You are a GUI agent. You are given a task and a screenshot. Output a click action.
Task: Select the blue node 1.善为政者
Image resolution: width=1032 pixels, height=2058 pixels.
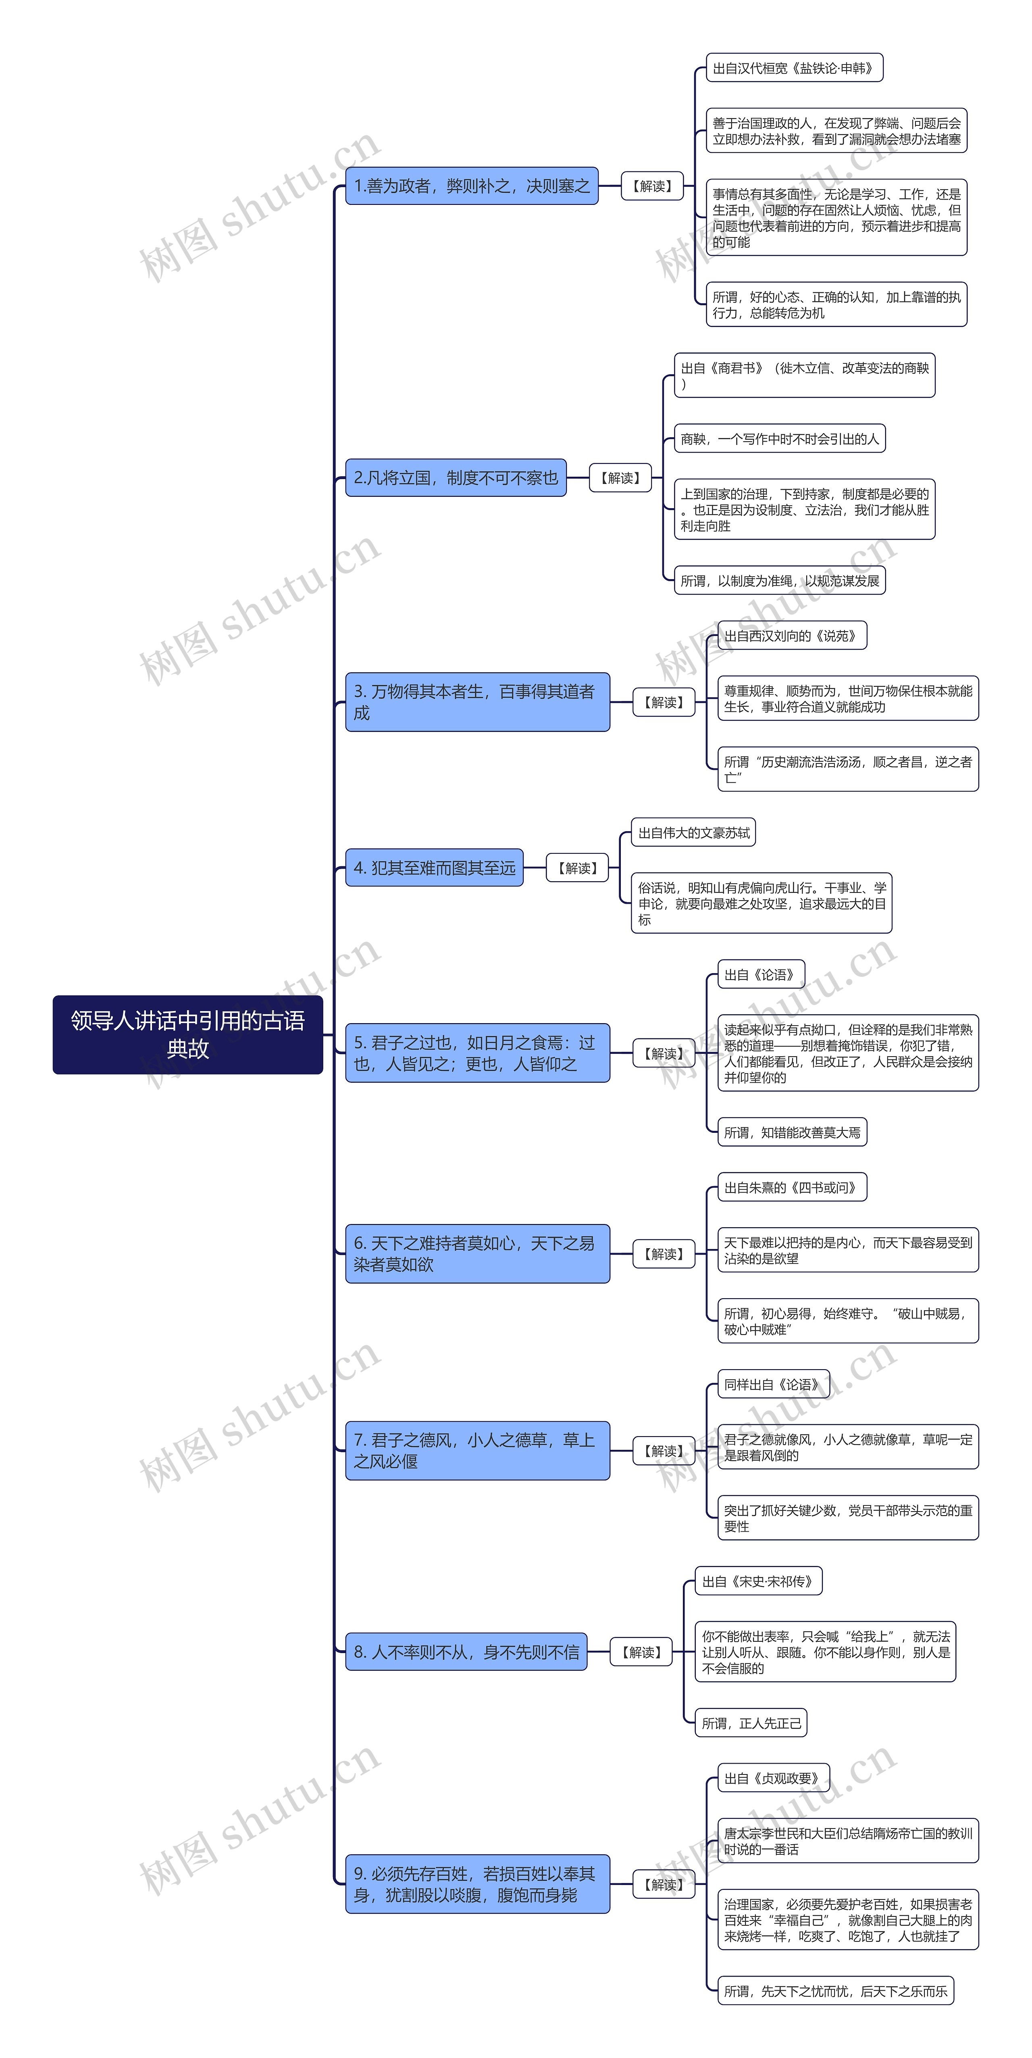(471, 186)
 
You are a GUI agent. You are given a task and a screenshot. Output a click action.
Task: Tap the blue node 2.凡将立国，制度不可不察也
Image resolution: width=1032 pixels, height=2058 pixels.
(455, 478)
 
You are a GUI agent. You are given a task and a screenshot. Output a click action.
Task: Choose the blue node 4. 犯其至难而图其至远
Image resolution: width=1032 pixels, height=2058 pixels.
(434, 867)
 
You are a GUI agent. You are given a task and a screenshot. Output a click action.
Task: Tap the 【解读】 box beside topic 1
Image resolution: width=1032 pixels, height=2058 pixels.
(652, 186)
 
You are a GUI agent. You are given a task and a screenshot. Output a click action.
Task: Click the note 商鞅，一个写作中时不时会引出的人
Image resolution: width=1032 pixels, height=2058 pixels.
(779, 439)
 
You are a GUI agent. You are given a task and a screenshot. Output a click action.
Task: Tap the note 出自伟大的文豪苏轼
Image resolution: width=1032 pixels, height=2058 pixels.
(693, 832)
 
